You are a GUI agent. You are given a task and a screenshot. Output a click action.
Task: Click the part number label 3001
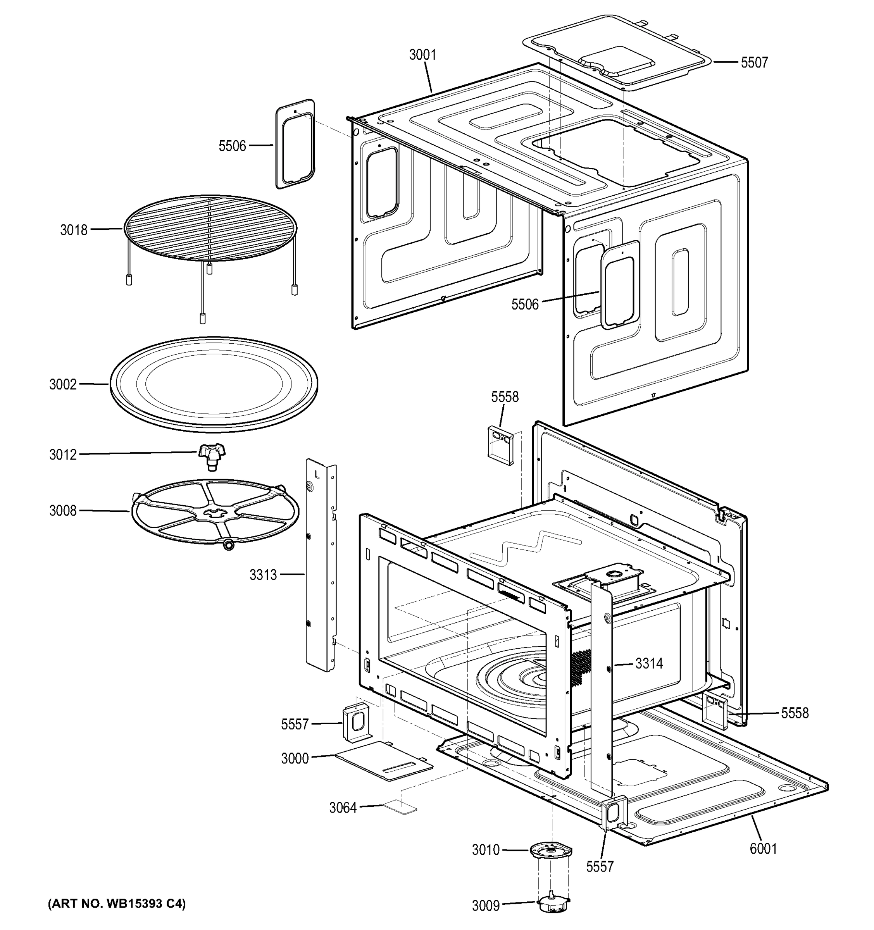422,55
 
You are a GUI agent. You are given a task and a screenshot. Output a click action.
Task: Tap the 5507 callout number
754,63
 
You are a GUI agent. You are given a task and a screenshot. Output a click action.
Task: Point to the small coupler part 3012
212,456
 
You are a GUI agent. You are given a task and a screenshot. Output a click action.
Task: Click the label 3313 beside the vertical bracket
262,574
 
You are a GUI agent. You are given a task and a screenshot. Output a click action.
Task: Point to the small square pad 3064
400,807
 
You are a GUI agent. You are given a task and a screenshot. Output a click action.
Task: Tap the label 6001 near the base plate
763,848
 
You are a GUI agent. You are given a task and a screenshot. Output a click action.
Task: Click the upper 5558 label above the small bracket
504,397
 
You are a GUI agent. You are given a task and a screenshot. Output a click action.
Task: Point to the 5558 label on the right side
795,713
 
